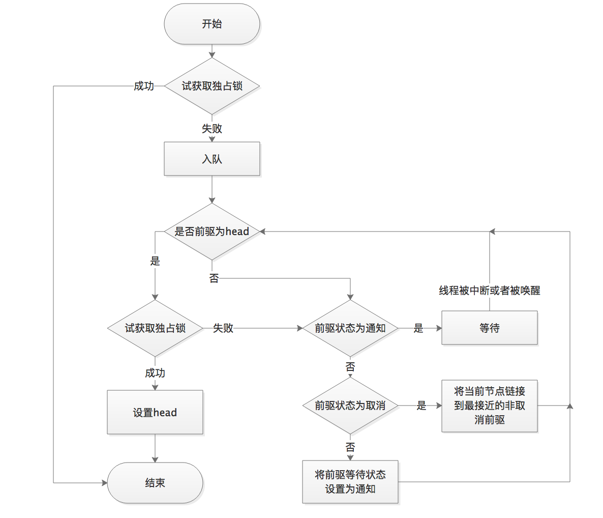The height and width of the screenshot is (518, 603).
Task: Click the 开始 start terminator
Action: (x=212, y=24)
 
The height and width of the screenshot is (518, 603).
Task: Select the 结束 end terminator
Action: (x=155, y=482)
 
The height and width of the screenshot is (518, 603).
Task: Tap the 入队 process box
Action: (x=212, y=159)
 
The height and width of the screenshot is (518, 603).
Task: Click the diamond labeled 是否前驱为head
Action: (x=212, y=232)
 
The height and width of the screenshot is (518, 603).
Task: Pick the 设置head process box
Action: (x=155, y=412)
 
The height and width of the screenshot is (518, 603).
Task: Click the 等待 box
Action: (x=489, y=328)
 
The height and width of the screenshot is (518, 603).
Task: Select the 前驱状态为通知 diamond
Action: (x=350, y=328)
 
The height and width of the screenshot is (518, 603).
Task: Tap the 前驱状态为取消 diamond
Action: (x=350, y=406)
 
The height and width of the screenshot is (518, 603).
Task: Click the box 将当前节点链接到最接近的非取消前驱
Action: (x=489, y=406)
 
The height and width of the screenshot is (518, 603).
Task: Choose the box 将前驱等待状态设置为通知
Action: (x=350, y=481)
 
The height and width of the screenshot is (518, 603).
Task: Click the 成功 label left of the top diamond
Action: (x=143, y=86)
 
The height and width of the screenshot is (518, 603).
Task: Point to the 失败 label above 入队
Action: (x=212, y=128)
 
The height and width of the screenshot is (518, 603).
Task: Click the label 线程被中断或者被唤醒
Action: (x=489, y=291)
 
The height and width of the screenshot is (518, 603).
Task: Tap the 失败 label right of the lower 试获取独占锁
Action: (x=223, y=328)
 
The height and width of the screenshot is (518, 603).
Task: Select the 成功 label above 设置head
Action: (x=155, y=373)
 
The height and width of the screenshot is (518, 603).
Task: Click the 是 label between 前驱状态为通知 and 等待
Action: (x=418, y=328)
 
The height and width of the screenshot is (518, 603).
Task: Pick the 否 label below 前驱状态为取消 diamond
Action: (x=350, y=447)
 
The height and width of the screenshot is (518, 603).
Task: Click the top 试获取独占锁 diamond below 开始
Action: (x=212, y=86)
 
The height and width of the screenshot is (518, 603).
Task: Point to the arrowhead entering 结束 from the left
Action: (x=104, y=482)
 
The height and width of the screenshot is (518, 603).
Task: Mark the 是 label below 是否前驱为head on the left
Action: (x=155, y=261)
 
